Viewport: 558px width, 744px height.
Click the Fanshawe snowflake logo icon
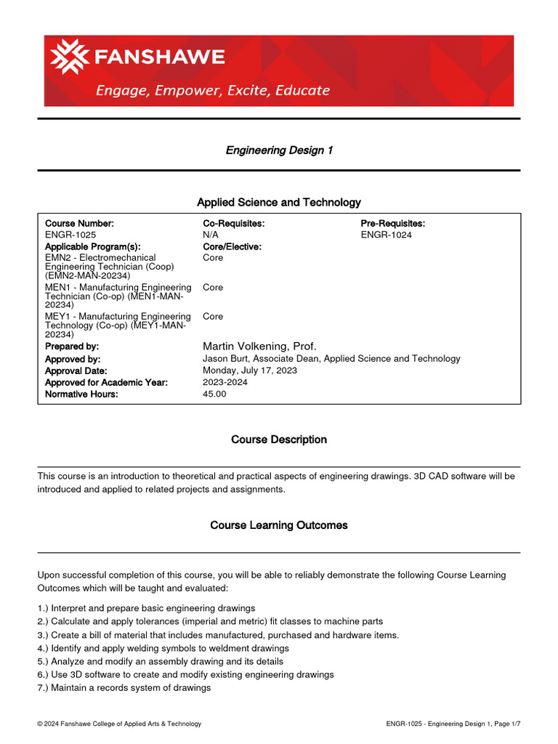[x=67, y=57]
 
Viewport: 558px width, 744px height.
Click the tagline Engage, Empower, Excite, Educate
[x=214, y=91]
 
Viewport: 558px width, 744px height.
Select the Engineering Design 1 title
[x=279, y=150]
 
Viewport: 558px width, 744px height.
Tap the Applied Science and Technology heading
[x=279, y=202]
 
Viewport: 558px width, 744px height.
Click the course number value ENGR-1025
[x=70, y=235]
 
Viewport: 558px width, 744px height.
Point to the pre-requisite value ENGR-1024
[x=387, y=235]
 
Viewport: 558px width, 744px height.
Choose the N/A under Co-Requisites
[x=211, y=235]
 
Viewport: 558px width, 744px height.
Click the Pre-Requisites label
[x=393, y=224]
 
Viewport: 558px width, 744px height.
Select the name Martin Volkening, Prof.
[x=259, y=347]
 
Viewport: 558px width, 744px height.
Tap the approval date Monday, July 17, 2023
[x=250, y=371]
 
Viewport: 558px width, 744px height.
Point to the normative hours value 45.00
[x=214, y=394]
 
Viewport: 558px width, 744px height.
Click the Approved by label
[x=73, y=359]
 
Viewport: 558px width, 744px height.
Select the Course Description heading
[x=279, y=440]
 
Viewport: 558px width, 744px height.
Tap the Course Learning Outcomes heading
[x=279, y=525]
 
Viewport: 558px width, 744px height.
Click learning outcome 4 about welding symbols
[x=163, y=648]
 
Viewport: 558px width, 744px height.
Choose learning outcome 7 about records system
[x=124, y=687]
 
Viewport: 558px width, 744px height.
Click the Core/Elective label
[x=232, y=247]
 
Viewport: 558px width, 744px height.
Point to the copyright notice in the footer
[x=119, y=724]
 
